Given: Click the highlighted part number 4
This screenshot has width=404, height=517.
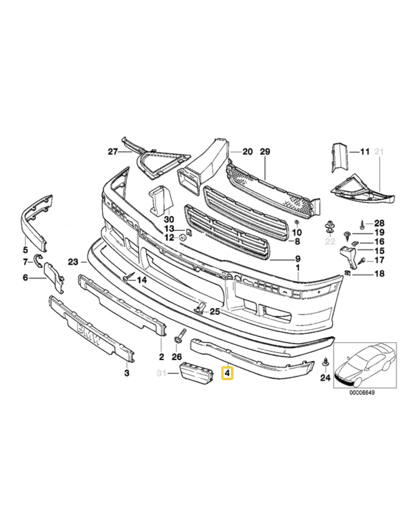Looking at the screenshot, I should (x=227, y=374).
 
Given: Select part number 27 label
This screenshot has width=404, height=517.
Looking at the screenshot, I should (x=112, y=151).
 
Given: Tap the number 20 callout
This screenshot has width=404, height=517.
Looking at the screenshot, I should (x=247, y=151).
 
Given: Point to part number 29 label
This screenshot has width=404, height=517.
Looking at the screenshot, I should (x=265, y=151).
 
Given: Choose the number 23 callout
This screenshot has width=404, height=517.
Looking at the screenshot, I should (x=73, y=262).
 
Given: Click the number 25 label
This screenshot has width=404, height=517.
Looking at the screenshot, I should (x=215, y=312).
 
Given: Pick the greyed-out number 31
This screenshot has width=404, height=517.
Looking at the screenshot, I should (x=162, y=374).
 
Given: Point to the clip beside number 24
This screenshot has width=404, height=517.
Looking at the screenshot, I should (x=325, y=361).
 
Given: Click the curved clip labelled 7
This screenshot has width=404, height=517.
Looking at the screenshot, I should (x=36, y=261).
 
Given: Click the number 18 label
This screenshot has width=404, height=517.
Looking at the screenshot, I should (x=378, y=274).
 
